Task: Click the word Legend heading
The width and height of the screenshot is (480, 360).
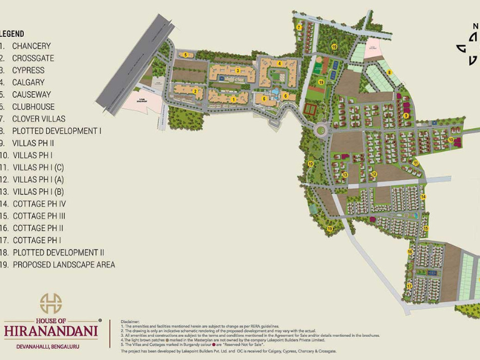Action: coord(12,33)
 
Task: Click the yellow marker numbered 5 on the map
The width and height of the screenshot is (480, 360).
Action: coord(186,55)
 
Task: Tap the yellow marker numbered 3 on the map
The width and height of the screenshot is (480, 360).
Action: coord(237,71)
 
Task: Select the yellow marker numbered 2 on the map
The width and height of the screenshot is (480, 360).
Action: coord(196,91)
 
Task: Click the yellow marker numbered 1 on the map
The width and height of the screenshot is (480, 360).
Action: coord(234,99)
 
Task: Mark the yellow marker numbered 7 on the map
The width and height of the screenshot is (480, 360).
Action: coord(300,27)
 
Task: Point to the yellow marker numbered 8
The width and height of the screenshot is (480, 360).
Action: coord(389,72)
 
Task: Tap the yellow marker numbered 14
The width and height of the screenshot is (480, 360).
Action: coord(423,197)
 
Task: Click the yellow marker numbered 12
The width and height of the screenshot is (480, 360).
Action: coord(374,174)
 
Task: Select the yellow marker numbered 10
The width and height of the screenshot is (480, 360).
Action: coord(450,139)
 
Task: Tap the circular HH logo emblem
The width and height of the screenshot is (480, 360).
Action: coord(51,303)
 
